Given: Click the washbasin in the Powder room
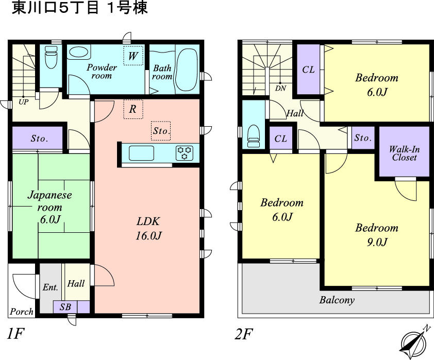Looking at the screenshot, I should pos(78,53).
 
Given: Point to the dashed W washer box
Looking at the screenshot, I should pos(133,56).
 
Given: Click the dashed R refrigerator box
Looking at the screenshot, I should pos(133,109).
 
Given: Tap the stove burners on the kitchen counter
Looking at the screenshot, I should pos(185,153).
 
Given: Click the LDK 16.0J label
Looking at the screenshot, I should pos(149,229).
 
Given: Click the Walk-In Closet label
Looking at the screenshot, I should pos(404,153).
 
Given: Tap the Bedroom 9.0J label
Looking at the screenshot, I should pos(377,235).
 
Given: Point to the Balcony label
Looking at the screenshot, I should pos(337,300).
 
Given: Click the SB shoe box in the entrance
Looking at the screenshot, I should pos(65,307).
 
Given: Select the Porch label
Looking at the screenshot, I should pos(22,311).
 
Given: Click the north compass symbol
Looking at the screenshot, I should pos(414,339).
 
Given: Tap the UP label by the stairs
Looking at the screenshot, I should pos(24,101).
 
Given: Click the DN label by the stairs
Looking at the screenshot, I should pos(280,88).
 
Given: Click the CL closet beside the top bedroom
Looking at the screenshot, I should pos(308,70).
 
